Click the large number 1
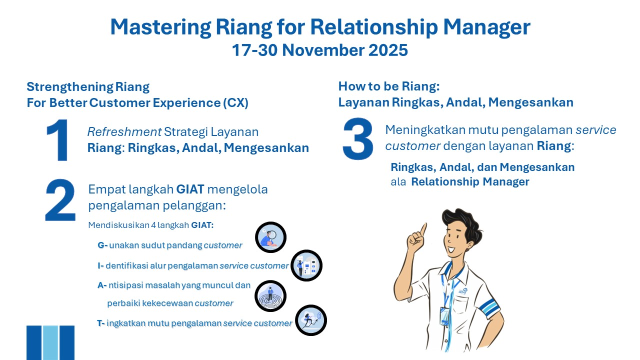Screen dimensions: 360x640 (58, 140)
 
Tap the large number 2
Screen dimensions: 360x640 (60, 200)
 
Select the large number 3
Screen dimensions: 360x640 (358, 139)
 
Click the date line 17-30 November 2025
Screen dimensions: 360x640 (319, 50)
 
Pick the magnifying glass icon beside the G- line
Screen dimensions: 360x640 (270, 237)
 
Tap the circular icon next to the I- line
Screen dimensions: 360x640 (306, 265)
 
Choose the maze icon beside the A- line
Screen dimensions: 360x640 (270, 295)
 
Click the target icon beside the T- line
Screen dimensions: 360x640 (311, 320)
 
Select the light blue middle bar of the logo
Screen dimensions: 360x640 (50, 342)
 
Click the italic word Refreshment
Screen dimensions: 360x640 (124, 132)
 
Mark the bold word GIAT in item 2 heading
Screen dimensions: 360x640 (190, 189)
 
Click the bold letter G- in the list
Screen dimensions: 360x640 (102, 245)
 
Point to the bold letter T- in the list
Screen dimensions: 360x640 (101, 323)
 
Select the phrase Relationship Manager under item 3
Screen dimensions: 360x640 (470, 181)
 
